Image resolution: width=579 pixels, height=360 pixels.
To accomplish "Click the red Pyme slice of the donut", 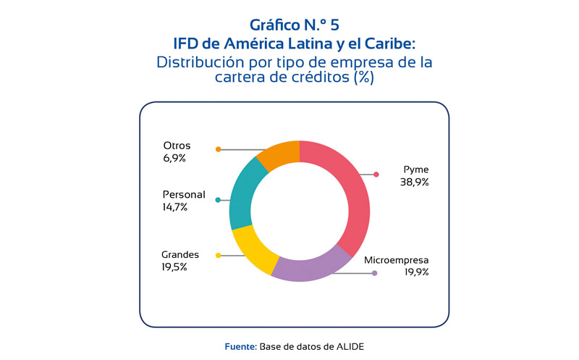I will tap(347, 196).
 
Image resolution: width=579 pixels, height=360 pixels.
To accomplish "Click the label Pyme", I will tap(416, 170).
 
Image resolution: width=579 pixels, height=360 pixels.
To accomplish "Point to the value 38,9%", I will tap(415, 183).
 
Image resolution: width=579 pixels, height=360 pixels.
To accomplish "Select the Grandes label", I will tap(180, 254).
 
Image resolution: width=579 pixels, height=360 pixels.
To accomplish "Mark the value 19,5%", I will tap(174, 267).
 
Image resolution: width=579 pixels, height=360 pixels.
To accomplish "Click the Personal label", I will tap(184, 194).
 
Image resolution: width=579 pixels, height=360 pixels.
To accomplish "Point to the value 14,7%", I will tap(175, 206).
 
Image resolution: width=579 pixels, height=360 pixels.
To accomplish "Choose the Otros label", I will tap(177, 146).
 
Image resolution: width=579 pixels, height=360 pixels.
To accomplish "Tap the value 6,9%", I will tap(174, 157).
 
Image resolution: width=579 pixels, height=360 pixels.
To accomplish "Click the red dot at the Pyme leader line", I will tap(376, 174).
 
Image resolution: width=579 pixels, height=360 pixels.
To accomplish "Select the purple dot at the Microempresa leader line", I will tap(374, 273).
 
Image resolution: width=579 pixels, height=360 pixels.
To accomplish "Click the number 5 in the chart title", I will tap(334, 26).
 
